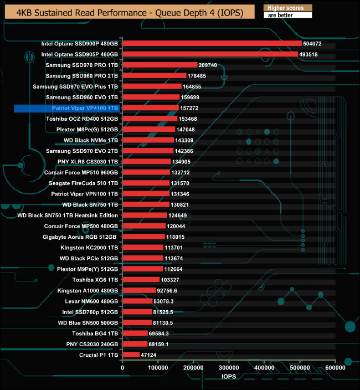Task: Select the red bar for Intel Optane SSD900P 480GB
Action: pos(212,43)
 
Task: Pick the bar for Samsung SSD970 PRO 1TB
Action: pos(160,65)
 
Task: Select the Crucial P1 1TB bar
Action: pos(131,355)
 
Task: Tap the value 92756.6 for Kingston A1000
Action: pos(169,290)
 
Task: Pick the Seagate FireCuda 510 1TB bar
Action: pos(146,183)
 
